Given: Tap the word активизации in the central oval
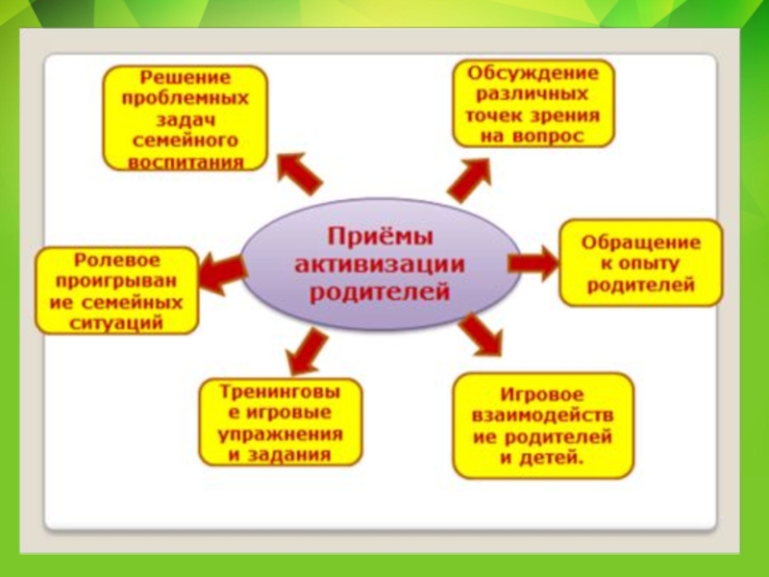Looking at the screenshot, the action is [x=380, y=263].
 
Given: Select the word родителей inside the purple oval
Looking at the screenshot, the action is [x=380, y=290].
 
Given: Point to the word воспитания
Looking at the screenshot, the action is [x=186, y=162].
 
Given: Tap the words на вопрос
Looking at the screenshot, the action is [x=533, y=138].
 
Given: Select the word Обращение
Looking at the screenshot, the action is [x=640, y=241].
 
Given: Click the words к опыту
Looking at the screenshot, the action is [x=640, y=263].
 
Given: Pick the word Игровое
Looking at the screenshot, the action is [x=543, y=394].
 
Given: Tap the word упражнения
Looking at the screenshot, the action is [x=282, y=435].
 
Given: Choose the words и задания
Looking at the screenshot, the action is [x=282, y=456].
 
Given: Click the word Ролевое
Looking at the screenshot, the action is [x=116, y=260].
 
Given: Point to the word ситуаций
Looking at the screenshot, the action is [x=116, y=323].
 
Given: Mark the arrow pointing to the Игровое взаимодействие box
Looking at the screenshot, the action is [x=480, y=336].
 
